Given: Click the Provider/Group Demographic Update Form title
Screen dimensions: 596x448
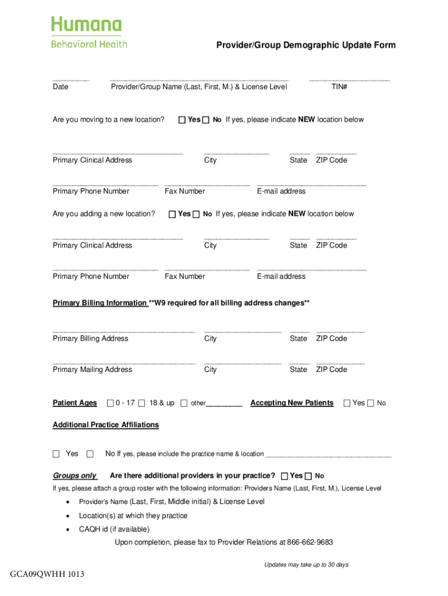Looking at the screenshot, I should click(306, 45).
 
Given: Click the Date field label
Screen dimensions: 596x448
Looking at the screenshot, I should click(61, 87).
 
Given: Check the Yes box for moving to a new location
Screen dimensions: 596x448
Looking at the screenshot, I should click(182, 120).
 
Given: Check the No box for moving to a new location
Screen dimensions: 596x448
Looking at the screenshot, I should click(205, 120).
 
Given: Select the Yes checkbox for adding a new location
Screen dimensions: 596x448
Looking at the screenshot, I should click(172, 214).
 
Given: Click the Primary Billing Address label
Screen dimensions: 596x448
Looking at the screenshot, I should click(90, 338).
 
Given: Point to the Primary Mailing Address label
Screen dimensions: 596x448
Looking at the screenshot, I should click(92, 370).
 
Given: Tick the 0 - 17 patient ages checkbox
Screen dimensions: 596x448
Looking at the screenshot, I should click(110, 403).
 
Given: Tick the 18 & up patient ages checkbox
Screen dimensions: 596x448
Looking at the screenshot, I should click(142, 403).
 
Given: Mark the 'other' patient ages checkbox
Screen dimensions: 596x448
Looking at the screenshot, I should click(184, 403).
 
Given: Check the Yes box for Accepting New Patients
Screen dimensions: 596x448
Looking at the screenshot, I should click(347, 403).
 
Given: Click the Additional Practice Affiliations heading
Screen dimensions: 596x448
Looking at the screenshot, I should click(105, 425).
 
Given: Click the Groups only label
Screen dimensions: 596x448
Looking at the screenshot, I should click(74, 476).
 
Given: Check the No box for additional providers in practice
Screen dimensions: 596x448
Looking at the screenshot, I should click(308, 476).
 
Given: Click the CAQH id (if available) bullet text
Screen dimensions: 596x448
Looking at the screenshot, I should click(114, 529).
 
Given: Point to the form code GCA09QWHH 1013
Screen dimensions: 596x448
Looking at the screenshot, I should click(47, 575).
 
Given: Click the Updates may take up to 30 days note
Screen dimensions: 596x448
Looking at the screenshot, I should click(306, 565).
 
